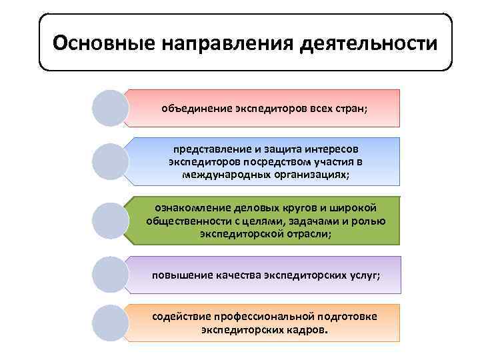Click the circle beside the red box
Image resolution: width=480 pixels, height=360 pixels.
110,108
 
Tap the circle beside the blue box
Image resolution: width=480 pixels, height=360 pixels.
110,161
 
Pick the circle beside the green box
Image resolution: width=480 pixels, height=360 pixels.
110,221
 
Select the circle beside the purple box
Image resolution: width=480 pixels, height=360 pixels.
110,275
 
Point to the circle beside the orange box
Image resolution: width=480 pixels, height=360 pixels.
110,323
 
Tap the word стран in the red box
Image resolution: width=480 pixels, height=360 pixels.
351,108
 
